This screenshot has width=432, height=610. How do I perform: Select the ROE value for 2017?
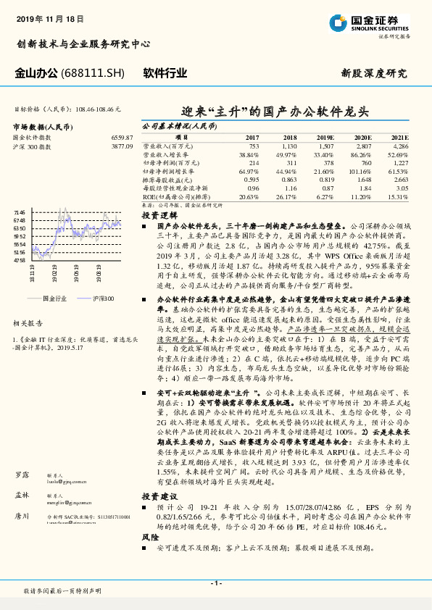click(248, 196)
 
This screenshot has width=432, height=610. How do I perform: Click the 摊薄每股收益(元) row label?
click(166, 180)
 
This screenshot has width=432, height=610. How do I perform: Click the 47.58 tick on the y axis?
click(20, 259)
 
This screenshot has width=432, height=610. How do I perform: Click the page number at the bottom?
click(215, 583)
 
